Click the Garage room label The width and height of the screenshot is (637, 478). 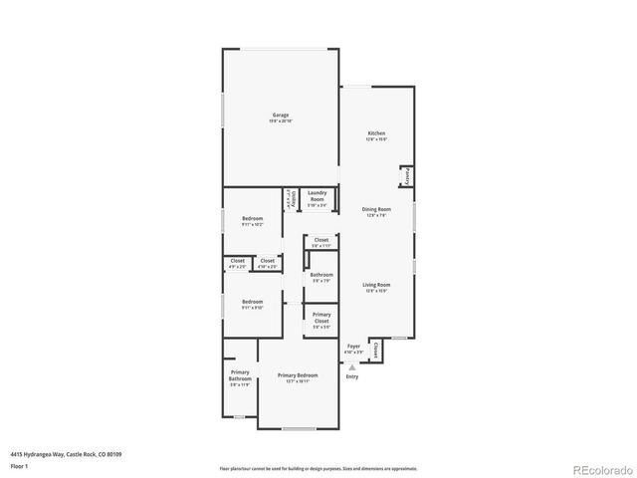281,117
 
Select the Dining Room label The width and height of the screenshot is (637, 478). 376,211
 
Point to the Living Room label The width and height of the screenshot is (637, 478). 376,287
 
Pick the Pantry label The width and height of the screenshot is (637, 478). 407,177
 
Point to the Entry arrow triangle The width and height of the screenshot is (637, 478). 351,366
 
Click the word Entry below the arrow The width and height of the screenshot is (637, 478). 351,376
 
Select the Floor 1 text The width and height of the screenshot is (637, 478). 21,465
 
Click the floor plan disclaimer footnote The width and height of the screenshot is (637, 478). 318,467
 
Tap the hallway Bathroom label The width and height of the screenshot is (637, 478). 321,277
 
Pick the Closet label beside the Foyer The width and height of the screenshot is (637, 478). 376,351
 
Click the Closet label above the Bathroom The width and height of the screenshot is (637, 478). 321,242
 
